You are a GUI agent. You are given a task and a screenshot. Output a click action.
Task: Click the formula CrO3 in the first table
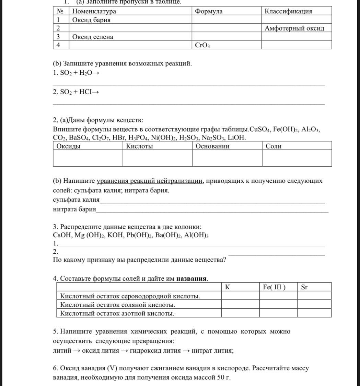[202, 45]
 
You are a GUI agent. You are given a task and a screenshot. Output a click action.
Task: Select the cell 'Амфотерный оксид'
[294, 28]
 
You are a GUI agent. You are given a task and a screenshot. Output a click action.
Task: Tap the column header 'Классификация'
[288, 11]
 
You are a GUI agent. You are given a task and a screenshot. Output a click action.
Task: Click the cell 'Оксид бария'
[91, 20]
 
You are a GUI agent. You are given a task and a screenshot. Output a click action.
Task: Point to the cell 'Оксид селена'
[93, 37]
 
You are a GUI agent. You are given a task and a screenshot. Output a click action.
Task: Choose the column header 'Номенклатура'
[94, 11]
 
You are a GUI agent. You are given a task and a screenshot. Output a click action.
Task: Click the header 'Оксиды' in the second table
[69, 146]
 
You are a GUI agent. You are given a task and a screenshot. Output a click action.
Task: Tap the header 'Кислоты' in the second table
[139, 146]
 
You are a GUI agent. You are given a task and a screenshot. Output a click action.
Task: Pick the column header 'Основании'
[212, 146]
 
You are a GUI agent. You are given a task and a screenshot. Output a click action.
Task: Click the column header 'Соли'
[274, 146]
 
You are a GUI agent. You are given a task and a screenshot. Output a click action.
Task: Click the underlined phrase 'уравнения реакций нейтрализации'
[150, 181]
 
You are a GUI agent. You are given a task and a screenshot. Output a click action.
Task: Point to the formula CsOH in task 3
[62, 236]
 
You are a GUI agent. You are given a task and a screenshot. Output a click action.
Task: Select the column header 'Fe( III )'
[274, 287]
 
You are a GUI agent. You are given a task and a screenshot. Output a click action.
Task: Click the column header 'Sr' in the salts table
[304, 287]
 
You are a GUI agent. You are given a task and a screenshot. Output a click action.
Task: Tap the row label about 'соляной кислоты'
[118, 305]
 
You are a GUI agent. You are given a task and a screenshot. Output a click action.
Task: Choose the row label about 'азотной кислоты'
[117, 313]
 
